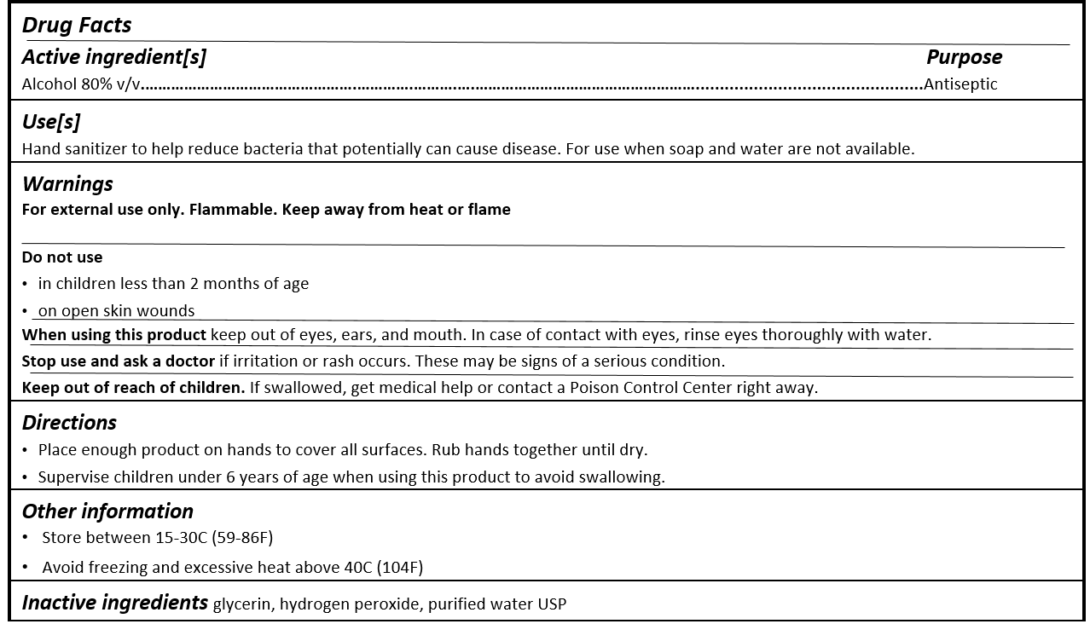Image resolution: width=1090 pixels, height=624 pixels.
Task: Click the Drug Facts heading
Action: pyautogui.click(x=77, y=26)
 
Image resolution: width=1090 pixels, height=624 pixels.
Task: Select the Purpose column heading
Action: pyautogui.click(x=964, y=57)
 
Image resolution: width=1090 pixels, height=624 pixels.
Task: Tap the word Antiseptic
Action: pyautogui.click(x=960, y=84)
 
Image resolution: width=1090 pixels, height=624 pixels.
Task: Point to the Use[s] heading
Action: pyautogui.click(x=51, y=122)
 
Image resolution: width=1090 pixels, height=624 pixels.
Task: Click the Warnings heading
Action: pyautogui.click(x=67, y=184)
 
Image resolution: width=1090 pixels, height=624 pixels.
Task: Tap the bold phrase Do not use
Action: pyautogui.click(x=62, y=257)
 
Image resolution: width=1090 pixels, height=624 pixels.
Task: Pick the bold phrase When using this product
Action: pyautogui.click(x=114, y=335)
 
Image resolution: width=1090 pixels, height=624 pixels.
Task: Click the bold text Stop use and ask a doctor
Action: pyautogui.click(x=119, y=361)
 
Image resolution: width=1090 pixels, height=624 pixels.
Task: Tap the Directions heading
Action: pyautogui.click(x=69, y=423)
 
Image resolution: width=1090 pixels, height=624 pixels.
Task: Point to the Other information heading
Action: pyautogui.click(x=107, y=511)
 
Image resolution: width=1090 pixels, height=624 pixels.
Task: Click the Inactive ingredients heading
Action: pyautogui.click(x=114, y=603)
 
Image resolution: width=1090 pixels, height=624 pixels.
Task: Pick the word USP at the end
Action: pyautogui.click(x=552, y=604)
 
